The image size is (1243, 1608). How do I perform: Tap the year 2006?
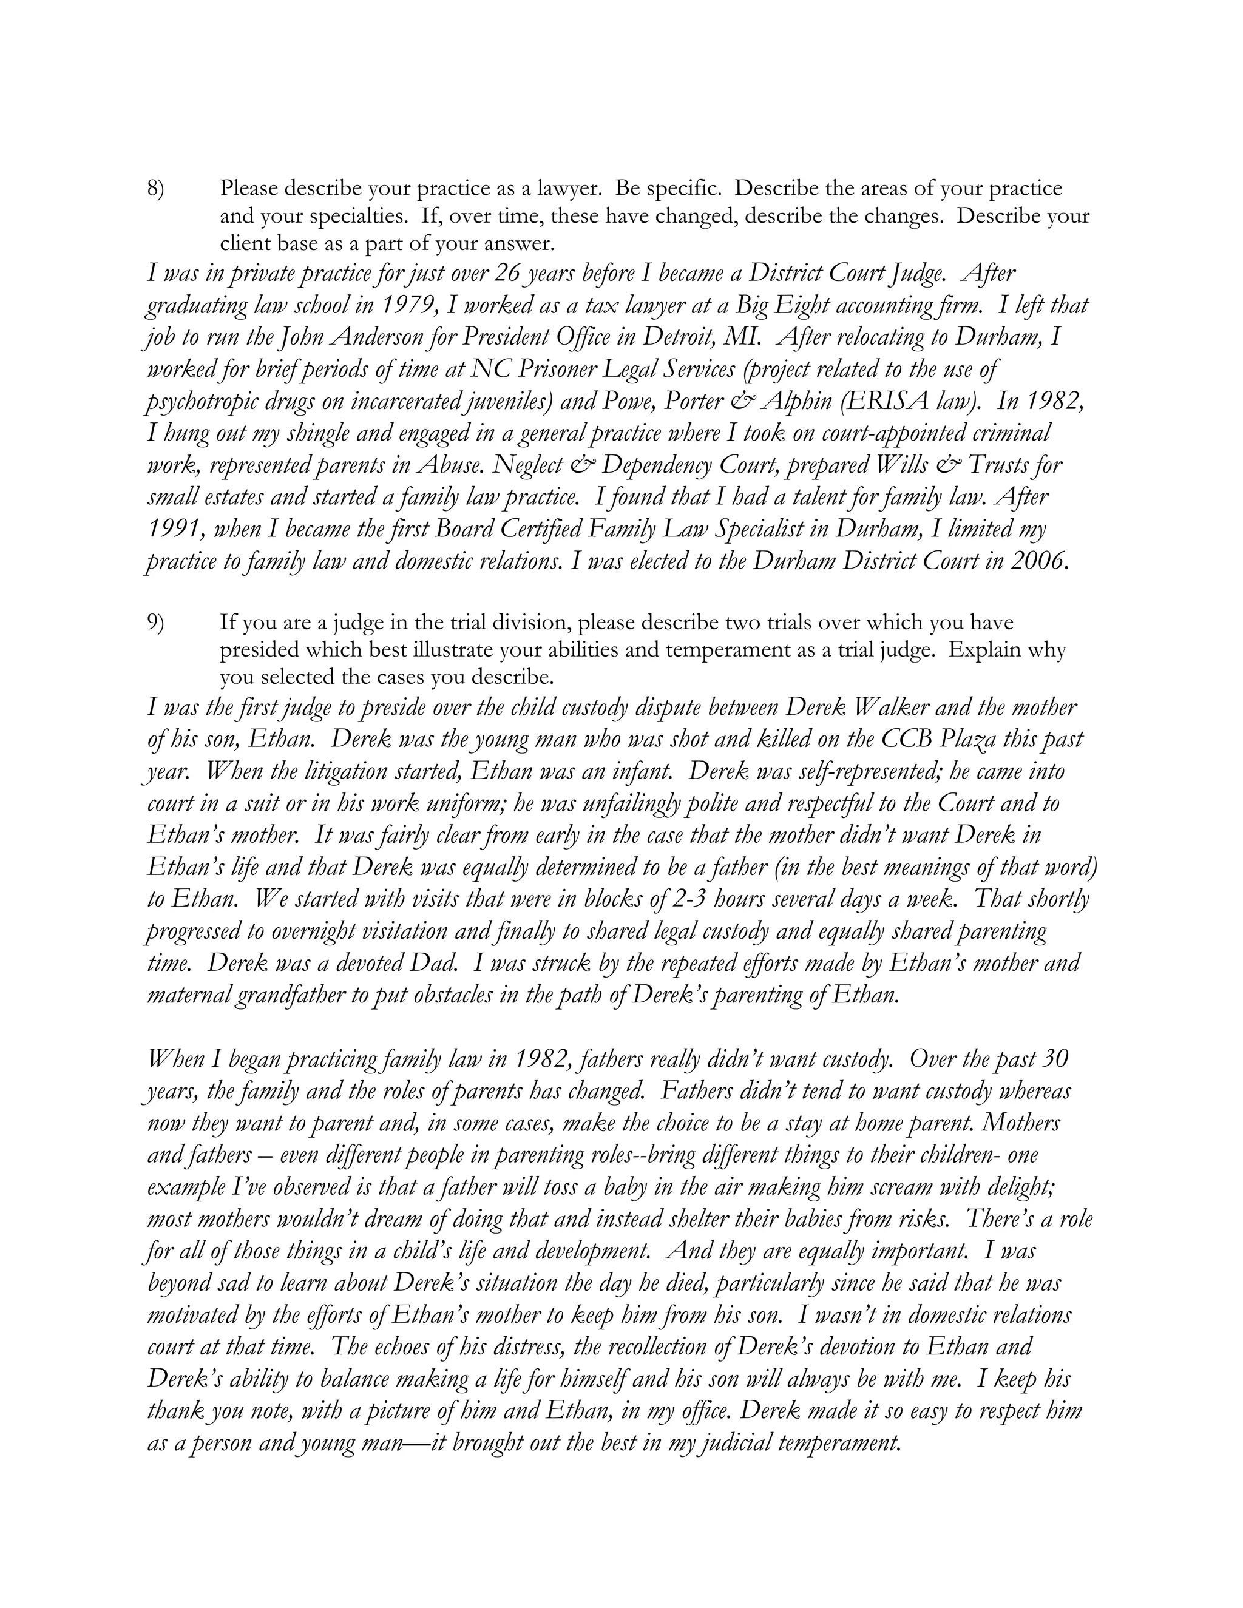[x=1038, y=561]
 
